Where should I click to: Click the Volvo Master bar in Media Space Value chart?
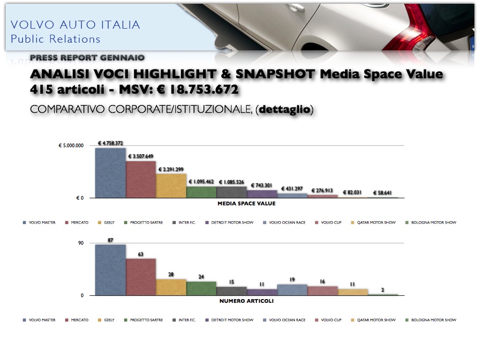pyautogui.click(x=110, y=173)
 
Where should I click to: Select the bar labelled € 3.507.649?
pyautogui.click(x=141, y=180)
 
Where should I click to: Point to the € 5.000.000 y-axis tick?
pyautogui.click(x=71, y=145)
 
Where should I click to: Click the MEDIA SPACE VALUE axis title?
pyautogui.click(x=246, y=204)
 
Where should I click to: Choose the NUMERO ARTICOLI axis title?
pyautogui.click(x=246, y=301)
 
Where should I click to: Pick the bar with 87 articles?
pyautogui.click(x=110, y=270)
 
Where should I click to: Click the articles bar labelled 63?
pyautogui.click(x=141, y=277)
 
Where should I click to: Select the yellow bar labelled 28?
pyautogui.click(x=171, y=287)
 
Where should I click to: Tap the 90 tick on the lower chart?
pyautogui.click(x=81, y=243)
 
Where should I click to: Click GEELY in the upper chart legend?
pyautogui.click(x=109, y=223)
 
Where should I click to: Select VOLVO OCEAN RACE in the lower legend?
pyautogui.click(x=287, y=320)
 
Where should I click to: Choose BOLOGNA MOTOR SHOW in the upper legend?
pyautogui.click(x=434, y=223)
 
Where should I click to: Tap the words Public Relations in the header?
pyautogui.click(x=55, y=39)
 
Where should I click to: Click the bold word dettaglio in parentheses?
pyautogui.click(x=284, y=110)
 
